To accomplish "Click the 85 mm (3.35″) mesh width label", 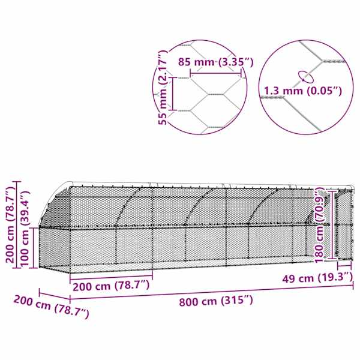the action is point(216,62).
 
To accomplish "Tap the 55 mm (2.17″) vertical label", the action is point(163,87).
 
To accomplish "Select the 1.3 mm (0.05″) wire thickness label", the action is point(303,91).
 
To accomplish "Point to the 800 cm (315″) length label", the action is point(216,301).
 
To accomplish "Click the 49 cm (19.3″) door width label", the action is point(317,278).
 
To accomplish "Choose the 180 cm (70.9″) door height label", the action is point(319,225).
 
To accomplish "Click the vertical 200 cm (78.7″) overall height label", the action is point(11,224).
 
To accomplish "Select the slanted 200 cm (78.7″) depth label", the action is point(52,307).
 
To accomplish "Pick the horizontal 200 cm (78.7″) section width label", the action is point(111,286).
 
